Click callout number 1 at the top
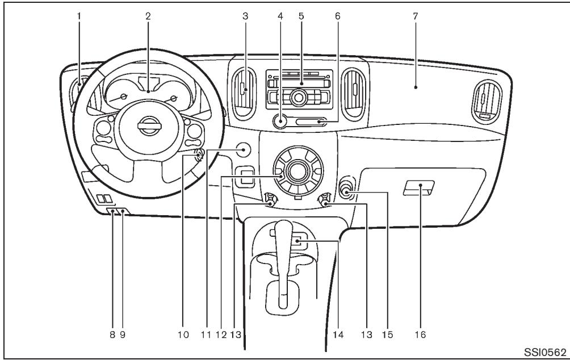tap(79, 16)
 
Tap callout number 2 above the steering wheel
tap(148, 16)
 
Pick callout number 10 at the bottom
tap(183, 334)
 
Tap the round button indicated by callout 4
tap(279, 120)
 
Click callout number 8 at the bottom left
tap(112, 334)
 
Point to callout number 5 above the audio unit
tap(301, 16)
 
